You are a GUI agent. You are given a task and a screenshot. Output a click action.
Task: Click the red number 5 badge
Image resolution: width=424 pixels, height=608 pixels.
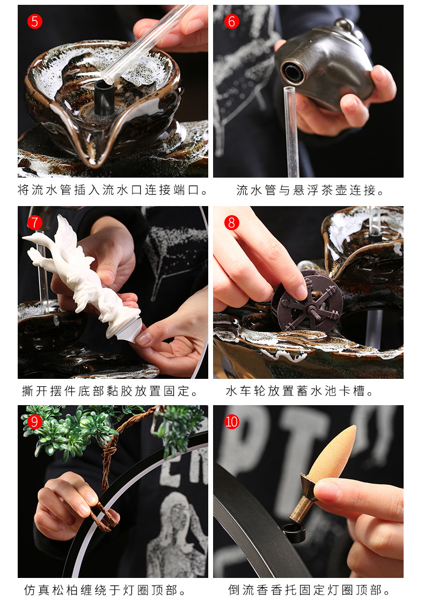click(34, 21)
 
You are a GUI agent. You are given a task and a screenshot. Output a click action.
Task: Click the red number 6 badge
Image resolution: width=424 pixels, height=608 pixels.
click(232, 21)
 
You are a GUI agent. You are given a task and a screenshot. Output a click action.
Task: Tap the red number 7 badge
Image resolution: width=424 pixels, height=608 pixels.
click(34, 223)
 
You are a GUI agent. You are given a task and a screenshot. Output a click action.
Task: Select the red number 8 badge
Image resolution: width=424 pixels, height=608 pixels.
click(232, 223)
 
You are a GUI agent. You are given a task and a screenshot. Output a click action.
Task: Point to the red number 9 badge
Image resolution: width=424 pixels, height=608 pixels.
click(34, 421)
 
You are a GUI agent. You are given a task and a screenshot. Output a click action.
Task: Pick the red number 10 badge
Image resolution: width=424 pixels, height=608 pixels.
click(232, 421)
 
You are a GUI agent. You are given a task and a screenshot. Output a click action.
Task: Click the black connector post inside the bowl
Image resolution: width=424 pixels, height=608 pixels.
click(104, 98)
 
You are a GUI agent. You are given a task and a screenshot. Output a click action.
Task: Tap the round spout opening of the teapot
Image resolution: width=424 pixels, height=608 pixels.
click(293, 72)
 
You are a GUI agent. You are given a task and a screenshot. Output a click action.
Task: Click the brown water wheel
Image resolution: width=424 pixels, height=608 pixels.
click(307, 301)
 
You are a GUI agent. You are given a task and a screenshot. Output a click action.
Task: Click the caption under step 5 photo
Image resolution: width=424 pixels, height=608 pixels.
click(113, 190)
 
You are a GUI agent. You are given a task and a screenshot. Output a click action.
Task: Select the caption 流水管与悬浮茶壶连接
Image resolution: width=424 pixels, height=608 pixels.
click(310, 190)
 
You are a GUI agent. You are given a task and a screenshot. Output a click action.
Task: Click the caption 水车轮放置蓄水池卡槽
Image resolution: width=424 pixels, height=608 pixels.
click(299, 391)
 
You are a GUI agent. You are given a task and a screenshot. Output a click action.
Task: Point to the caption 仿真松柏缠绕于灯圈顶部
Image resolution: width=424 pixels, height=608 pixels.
click(105, 590)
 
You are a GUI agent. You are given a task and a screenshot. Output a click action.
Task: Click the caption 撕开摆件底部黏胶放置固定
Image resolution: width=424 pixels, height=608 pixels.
click(110, 391)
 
